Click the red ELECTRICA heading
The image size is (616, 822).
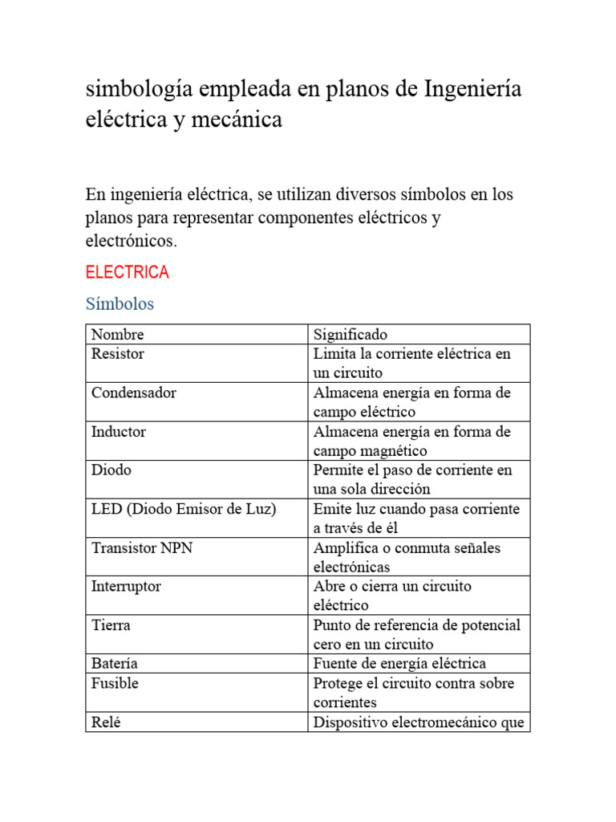tap(127, 272)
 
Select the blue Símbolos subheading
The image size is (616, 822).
tap(120, 304)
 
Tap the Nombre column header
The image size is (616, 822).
tap(117, 334)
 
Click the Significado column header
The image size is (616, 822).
tap(351, 334)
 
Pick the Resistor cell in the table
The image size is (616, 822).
tap(117, 353)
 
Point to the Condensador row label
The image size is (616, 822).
tap(133, 393)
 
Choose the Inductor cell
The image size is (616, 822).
tap(119, 431)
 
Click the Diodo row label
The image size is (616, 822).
tap(111, 470)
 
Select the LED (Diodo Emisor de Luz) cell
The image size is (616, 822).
tap(183, 509)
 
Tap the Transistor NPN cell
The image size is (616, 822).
tap(142, 547)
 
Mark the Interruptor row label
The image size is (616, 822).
tap(126, 586)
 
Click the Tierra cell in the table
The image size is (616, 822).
tap(111, 625)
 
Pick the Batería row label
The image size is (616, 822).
tap(115, 663)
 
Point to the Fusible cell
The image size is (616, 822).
tap(115, 683)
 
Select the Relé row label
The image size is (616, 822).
tap(106, 722)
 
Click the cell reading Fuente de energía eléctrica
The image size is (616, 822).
tap(399, 663)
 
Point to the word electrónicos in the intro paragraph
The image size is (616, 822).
tap(130, 240)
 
